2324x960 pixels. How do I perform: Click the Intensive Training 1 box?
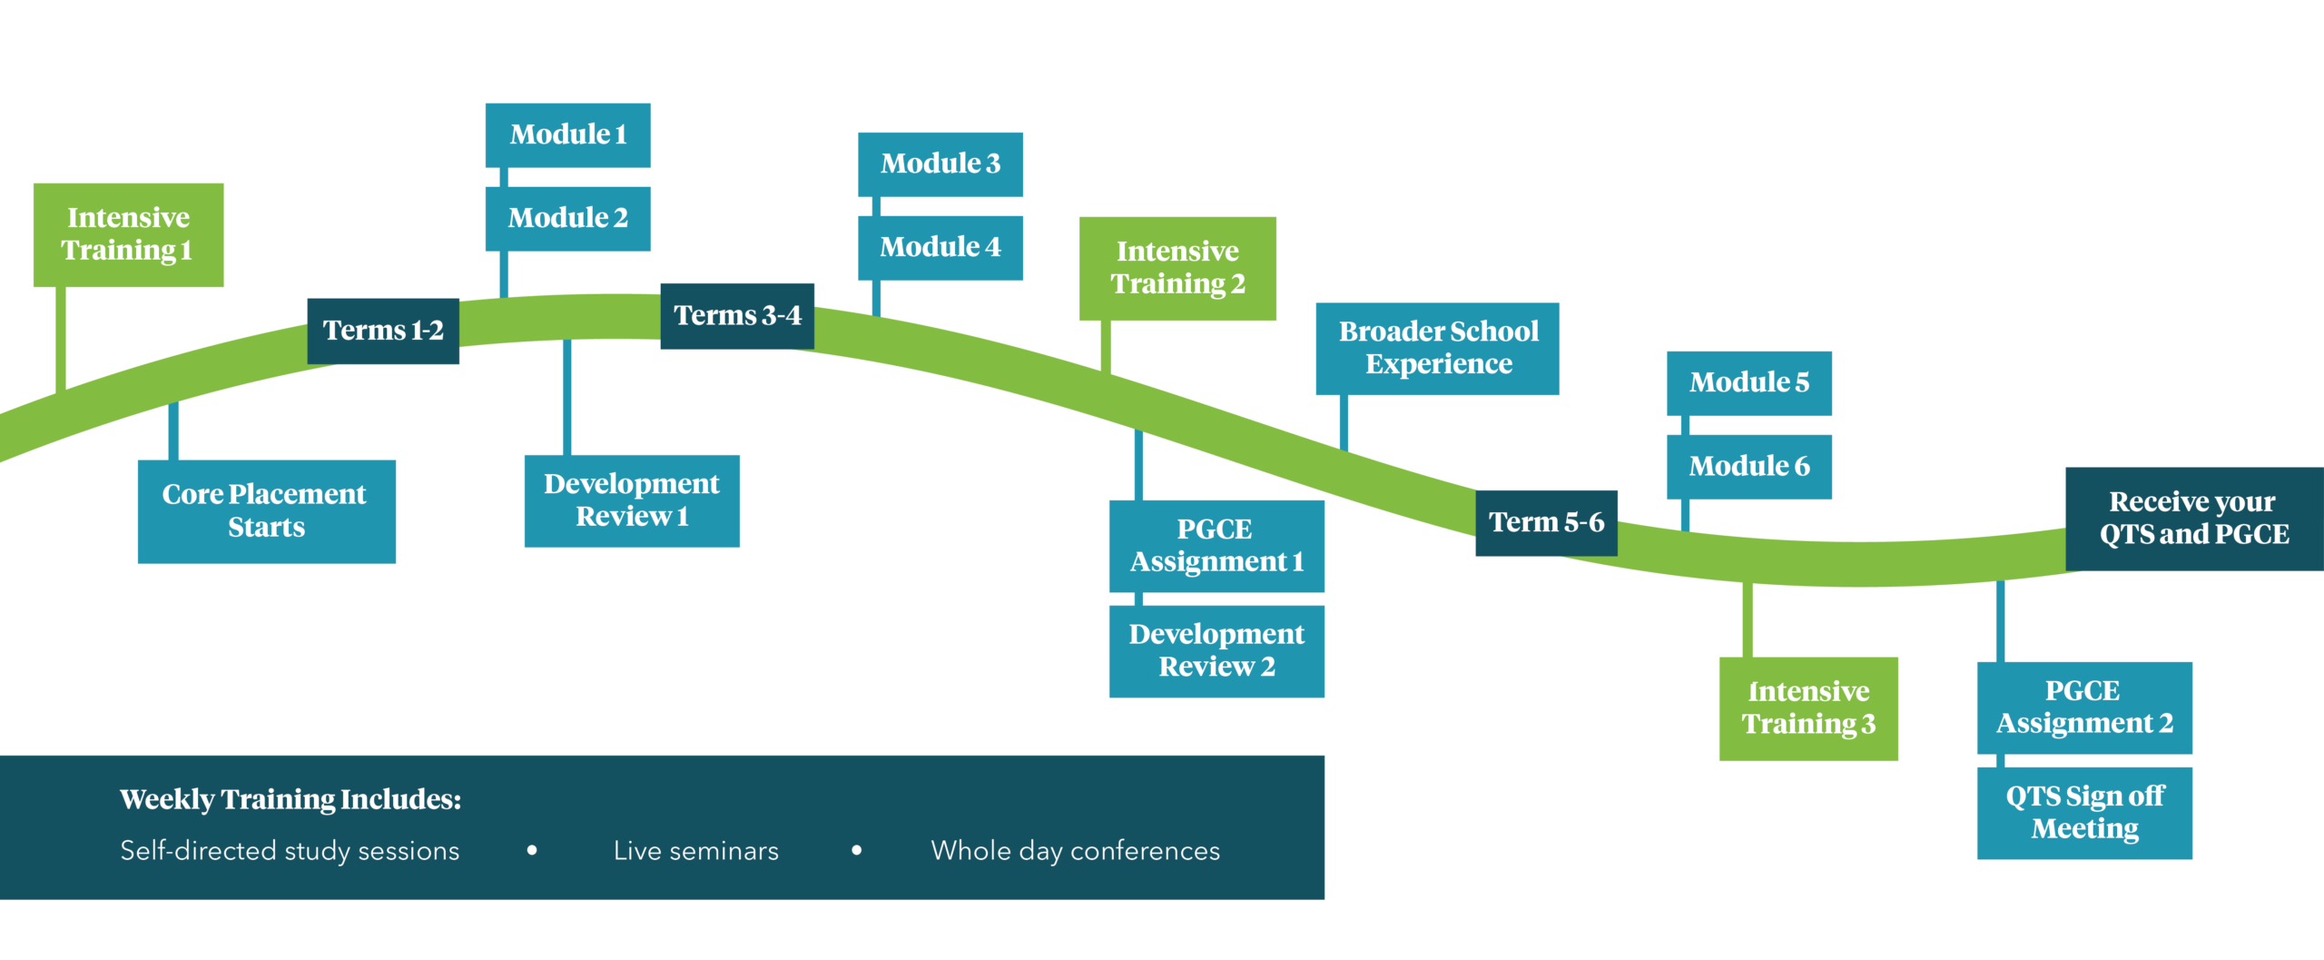tap(128, 234)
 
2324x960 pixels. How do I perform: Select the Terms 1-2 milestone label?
tap(383, 331)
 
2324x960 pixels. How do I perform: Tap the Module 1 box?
tap(567, 134)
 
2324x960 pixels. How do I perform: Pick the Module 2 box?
tap(567, 218)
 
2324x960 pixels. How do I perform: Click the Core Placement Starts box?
tap(266, 510)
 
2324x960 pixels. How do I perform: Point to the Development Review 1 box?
tap(632, 500)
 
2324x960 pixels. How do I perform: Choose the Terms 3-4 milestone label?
tap(737, 315)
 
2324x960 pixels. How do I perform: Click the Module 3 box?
tap(940, 163)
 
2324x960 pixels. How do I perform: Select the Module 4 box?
tap(940, 247)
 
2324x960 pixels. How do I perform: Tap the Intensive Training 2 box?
tap(1177, 268)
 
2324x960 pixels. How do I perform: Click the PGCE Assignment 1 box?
tap(1216, 546)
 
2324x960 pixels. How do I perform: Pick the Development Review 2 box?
tap(1216, 650)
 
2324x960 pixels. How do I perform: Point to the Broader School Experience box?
tap(1437, 348)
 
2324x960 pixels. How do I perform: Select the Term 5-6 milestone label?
tap(1546, 522)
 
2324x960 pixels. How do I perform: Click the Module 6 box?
tap(1748, 466)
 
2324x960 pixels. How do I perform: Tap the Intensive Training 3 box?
tap(1808, 708)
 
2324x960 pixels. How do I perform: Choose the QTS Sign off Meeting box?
tap(2084, 813)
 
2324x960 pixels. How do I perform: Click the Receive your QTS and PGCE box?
tap(2194, 519)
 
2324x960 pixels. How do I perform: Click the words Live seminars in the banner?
tap(696, 851)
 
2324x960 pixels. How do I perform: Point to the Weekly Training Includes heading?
tap(290, 799)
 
